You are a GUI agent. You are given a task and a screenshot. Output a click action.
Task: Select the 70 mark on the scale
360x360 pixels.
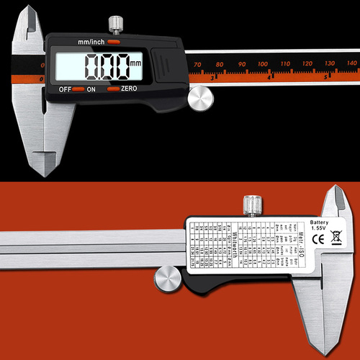click(198, 64)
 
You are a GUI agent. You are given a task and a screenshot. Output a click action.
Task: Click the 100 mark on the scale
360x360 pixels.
click(264, 64)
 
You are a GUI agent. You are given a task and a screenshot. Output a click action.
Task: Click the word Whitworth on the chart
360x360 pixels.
click(238, 246)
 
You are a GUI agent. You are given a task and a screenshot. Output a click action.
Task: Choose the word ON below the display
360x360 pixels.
click(91, 89)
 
